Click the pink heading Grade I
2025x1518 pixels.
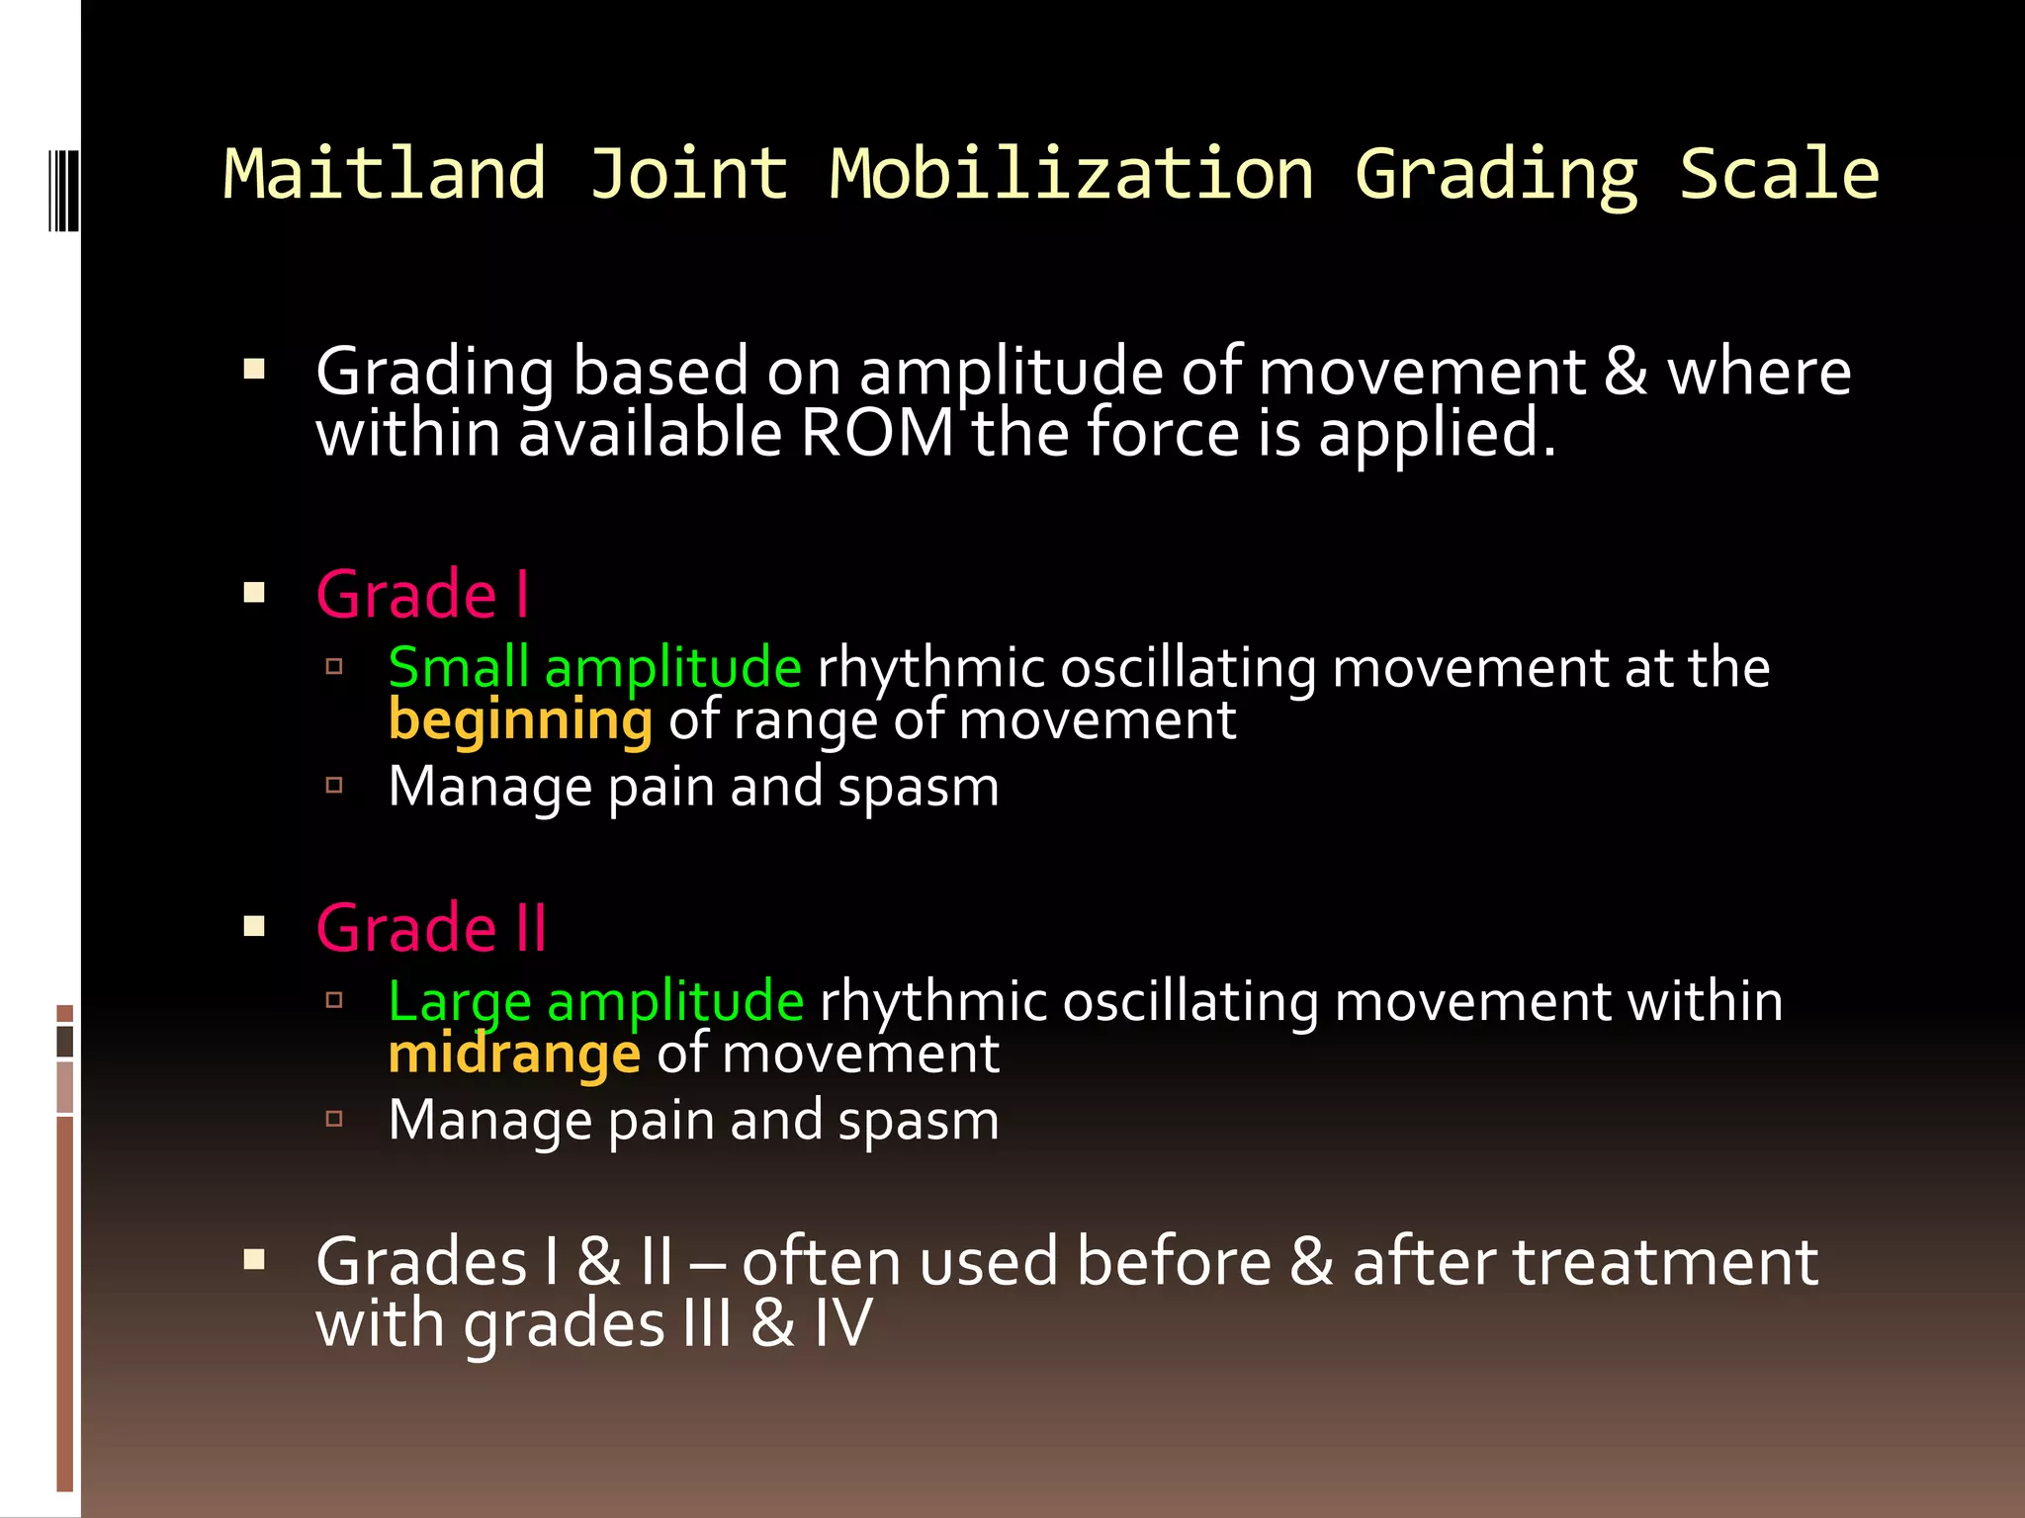(422, 595)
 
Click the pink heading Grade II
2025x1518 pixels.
(431, 928)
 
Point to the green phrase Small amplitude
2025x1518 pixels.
(594, 667)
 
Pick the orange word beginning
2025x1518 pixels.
(520, 719)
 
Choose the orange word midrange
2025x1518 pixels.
(514, 1054)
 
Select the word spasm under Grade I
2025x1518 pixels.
(918, 788)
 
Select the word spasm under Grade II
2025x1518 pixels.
(918, 1121)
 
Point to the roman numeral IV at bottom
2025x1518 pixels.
(842, 1324)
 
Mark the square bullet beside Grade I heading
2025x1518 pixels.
(254, 593)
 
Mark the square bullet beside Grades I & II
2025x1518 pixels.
(254, 1259)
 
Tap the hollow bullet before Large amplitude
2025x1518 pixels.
(334, 1000)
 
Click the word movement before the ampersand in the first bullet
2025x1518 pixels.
(1421, 373)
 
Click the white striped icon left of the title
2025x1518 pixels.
(64, 191)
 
